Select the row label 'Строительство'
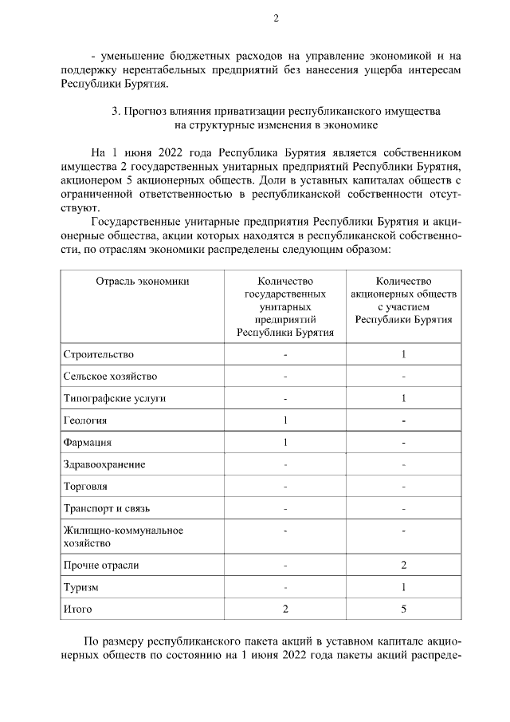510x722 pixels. click(99, 354)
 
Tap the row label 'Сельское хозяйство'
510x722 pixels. click(110, 377)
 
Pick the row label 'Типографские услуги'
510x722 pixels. click(115, 398)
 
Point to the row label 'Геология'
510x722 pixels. click(84, 420)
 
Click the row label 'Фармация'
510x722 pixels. click(87, 443)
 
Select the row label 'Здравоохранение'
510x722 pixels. click(104, 464)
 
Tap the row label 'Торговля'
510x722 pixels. click(85, 486)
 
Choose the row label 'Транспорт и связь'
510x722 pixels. click(106, 508)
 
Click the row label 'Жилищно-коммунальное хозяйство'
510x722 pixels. click(112, 536)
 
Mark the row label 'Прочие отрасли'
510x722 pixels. click(101, 566)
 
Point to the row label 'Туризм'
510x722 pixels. click(80, 587)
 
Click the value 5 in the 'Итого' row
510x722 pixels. click(404, 610)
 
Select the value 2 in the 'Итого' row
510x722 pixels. click(284, 610)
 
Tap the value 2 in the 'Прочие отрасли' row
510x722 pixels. click(404, 566)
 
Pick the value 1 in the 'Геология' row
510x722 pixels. click(284, 420)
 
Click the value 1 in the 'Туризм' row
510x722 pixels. click(404, 587)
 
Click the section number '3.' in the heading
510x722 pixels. click(117, 112)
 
